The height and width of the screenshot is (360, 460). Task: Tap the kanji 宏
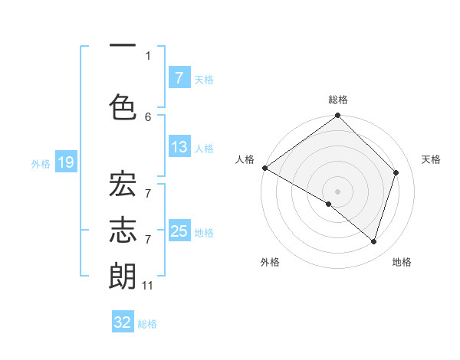[x=123, y=188]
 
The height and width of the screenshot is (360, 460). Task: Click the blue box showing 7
[x=179, y=77]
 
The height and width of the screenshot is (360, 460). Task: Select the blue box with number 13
[x=179, y=147]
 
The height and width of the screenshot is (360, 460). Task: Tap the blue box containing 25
[x=179, y=231]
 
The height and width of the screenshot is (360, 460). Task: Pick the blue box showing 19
[x=65, y=162]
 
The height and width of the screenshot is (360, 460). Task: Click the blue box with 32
[x=123, y=322]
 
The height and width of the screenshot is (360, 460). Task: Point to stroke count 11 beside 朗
[x=148, y=286]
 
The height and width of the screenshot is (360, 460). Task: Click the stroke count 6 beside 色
[x=148, y=116]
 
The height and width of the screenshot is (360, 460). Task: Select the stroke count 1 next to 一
[x=148, y=55]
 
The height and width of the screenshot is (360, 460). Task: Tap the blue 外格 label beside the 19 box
[x=40, y=163]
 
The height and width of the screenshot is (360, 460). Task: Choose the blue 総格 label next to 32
[x=147, y=324]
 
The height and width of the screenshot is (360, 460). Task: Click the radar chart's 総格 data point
[x=337, y=116]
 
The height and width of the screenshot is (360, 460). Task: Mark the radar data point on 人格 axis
[x=264, y=168]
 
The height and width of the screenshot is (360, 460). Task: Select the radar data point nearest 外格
[x=329, y=204]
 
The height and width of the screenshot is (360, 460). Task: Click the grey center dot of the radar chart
[x=337, y=191]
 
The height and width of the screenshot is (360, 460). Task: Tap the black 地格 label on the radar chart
[x=402, y=262]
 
